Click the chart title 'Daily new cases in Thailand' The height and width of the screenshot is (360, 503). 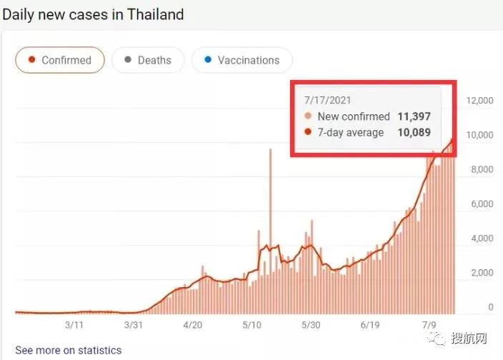(93, 14)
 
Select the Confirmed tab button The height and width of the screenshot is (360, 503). (60, 60)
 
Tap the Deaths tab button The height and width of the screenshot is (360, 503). (148, 60)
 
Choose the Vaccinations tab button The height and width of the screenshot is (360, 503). (241, 60)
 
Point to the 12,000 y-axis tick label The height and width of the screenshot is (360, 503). (479, 101)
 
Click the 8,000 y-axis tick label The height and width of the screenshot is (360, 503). (481, 170)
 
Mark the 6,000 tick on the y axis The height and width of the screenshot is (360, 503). (481, 204)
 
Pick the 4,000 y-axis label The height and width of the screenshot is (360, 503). (481, 239)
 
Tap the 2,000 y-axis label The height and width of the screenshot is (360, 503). (481, 273)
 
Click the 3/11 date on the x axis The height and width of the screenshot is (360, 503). (75, 325)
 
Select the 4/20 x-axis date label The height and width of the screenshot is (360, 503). (193, 325)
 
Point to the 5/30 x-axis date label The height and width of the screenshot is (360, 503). (310, 325)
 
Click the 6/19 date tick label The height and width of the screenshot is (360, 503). (369, 325)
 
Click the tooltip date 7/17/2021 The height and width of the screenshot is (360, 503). (327, 101)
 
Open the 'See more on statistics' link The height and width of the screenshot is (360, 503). (69, 350)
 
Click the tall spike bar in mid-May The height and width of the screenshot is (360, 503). (270, 214)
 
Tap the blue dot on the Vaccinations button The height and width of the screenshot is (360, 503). (208, 60)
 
